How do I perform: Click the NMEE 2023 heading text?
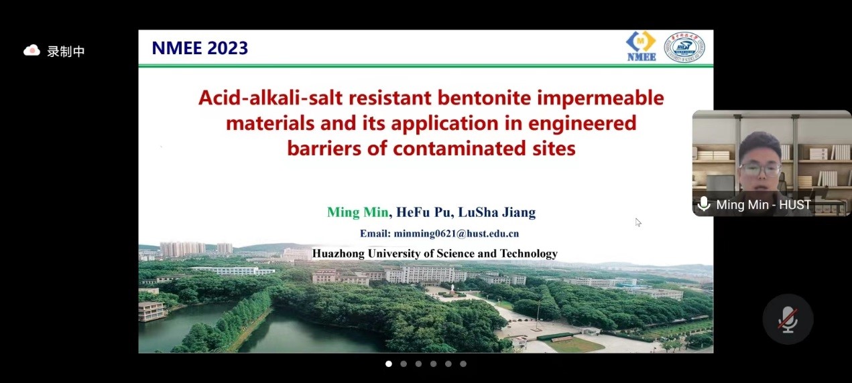(x=200, y=48)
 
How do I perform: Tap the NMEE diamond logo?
(x=642, y=46)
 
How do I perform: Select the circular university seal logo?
(x=684, y=47)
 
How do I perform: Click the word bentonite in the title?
(x=484, y=98)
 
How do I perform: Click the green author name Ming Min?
(x=357, y=212)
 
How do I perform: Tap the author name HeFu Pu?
(x=423, y=212)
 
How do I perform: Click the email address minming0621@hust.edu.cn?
(x=457, y=233)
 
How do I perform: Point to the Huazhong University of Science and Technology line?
(x=435, y=253)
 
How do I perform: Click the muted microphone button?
(x=788, y=319)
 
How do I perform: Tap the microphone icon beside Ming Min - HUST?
(x=704, y=204)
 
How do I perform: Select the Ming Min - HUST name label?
(x=764, y=205)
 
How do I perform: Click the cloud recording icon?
(x=32, y=50)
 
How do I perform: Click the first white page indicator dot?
(x=388, y=364)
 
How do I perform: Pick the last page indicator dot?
(x=463, y=364)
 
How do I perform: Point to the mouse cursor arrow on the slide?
(x=638, y=222)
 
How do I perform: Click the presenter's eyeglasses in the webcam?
(x=759, y=168)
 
